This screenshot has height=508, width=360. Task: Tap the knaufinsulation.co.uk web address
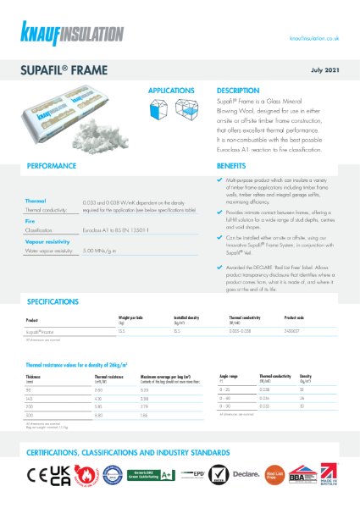coord(314,38)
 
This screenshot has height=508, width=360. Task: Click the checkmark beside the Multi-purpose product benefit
coord(219,180)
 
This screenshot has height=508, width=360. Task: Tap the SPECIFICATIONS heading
coord(59,301)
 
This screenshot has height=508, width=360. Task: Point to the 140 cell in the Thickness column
coord(31,398)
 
